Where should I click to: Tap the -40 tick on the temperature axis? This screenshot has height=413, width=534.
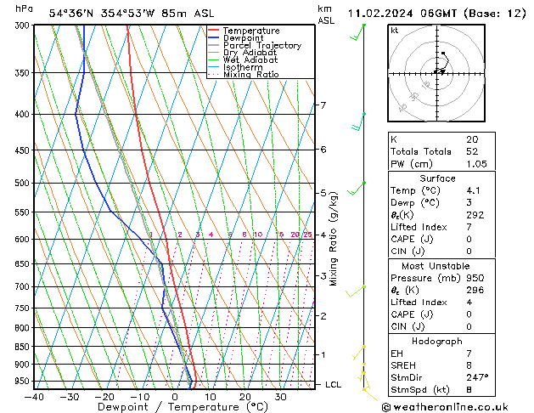(34, 397)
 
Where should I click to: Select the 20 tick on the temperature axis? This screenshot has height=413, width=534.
(245, 397)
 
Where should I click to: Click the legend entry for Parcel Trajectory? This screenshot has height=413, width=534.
(261, 46)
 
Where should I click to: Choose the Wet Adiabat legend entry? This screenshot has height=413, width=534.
(250, 60)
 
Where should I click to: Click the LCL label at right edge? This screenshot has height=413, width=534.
(334, 385)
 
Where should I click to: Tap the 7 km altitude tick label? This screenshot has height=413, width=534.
(323, 105)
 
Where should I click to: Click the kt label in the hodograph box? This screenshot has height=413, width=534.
(394, 31)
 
